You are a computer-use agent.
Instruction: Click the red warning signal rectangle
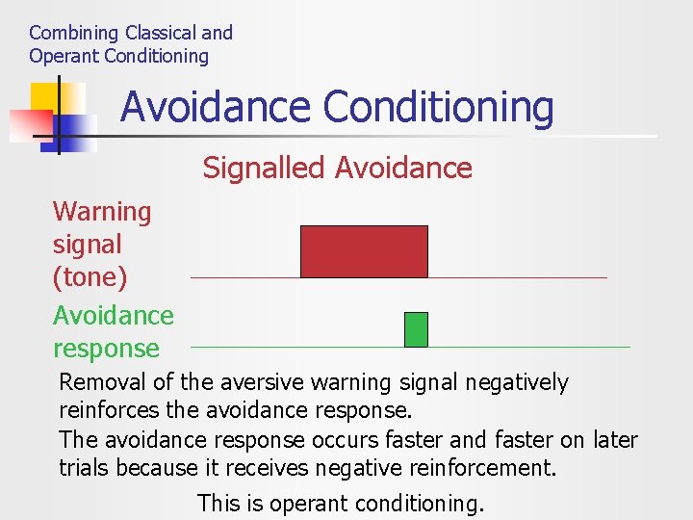click(364, 251)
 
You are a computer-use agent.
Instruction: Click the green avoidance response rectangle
click(416, 329)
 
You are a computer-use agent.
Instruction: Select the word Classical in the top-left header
click(158, 33)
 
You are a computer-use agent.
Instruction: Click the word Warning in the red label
click(102, 212)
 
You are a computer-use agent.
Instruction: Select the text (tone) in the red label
click(90, 277)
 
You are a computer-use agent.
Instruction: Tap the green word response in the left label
click(106, 349)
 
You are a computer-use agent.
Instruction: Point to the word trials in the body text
click(84, 467)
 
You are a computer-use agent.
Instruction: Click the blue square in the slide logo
click(77, 130)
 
